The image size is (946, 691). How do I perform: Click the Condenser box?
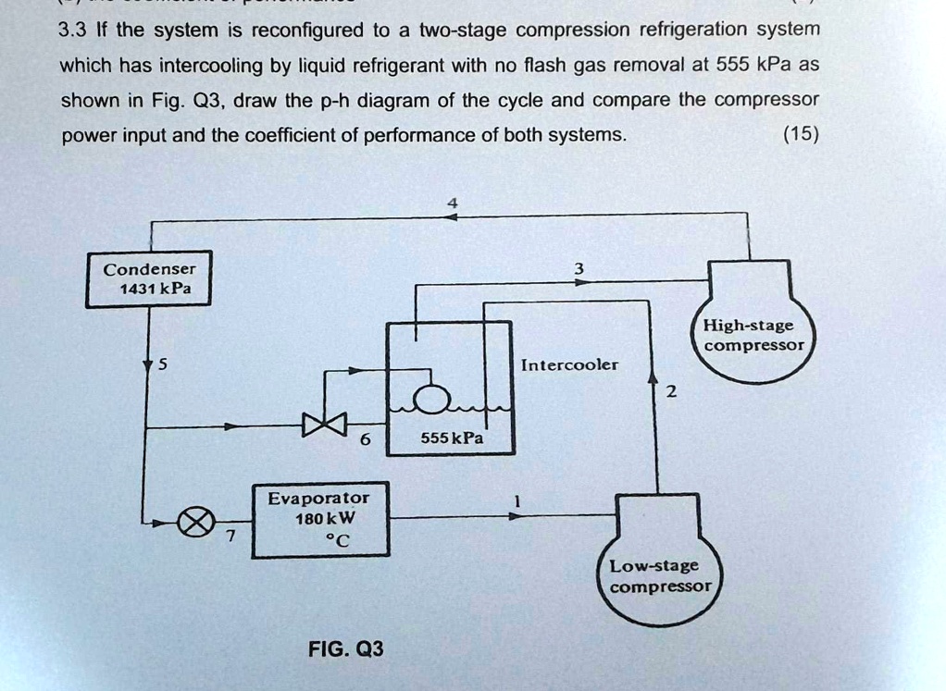click(x=149, y=278)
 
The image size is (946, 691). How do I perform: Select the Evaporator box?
click(x=320, y=521)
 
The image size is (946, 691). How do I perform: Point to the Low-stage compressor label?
click(x=660, y=575)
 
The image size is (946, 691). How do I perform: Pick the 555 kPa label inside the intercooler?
click(x=452, y=438)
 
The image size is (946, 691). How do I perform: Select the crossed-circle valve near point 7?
click(x=193, y=524)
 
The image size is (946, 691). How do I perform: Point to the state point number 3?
click(x=579, y=268)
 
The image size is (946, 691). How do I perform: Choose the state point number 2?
click(x=672, y=392)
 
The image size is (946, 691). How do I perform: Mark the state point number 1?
click(x=518, y=500)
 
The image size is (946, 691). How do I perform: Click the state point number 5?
click(x=161, y=364)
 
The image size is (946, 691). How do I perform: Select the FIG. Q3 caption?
click(x=345, y=648)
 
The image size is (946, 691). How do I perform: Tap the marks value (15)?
click(x=800, y=135)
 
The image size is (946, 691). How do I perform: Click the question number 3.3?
click(x=72, y=30)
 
